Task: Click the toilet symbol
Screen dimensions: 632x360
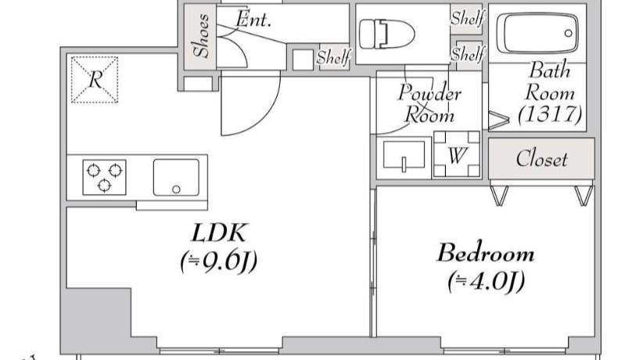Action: tap(386, 34)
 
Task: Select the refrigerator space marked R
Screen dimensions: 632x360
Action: tap(95, 79)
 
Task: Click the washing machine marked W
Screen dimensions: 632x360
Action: tap(457, 154)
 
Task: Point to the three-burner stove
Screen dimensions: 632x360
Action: tap(104, 177)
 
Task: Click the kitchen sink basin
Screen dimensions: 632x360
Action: tap(176, 178)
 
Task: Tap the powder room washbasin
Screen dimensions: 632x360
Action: tap(404, 155)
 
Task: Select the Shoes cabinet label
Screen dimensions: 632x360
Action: tap(202, 35)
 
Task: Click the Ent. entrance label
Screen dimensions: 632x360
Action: tap(253, 19)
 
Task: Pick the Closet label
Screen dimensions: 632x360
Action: tap(542, 158)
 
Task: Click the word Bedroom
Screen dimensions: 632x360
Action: tap(486, 253)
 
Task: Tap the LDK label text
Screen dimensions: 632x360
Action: tap(218, 232)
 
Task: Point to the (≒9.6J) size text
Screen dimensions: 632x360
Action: tap(218, 262)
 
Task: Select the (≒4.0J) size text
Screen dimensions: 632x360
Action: tap(486, 282)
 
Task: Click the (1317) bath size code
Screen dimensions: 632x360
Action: tap(550, 114)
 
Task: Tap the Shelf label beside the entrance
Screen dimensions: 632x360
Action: tap(334, 57)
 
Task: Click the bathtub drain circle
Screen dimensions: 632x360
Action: tap(569, 33)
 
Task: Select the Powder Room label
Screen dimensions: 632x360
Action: tap(429, 103)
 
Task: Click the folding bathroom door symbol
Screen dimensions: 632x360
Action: tap(498, 120)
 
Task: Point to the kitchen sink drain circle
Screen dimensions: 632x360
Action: tap(176, 189)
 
